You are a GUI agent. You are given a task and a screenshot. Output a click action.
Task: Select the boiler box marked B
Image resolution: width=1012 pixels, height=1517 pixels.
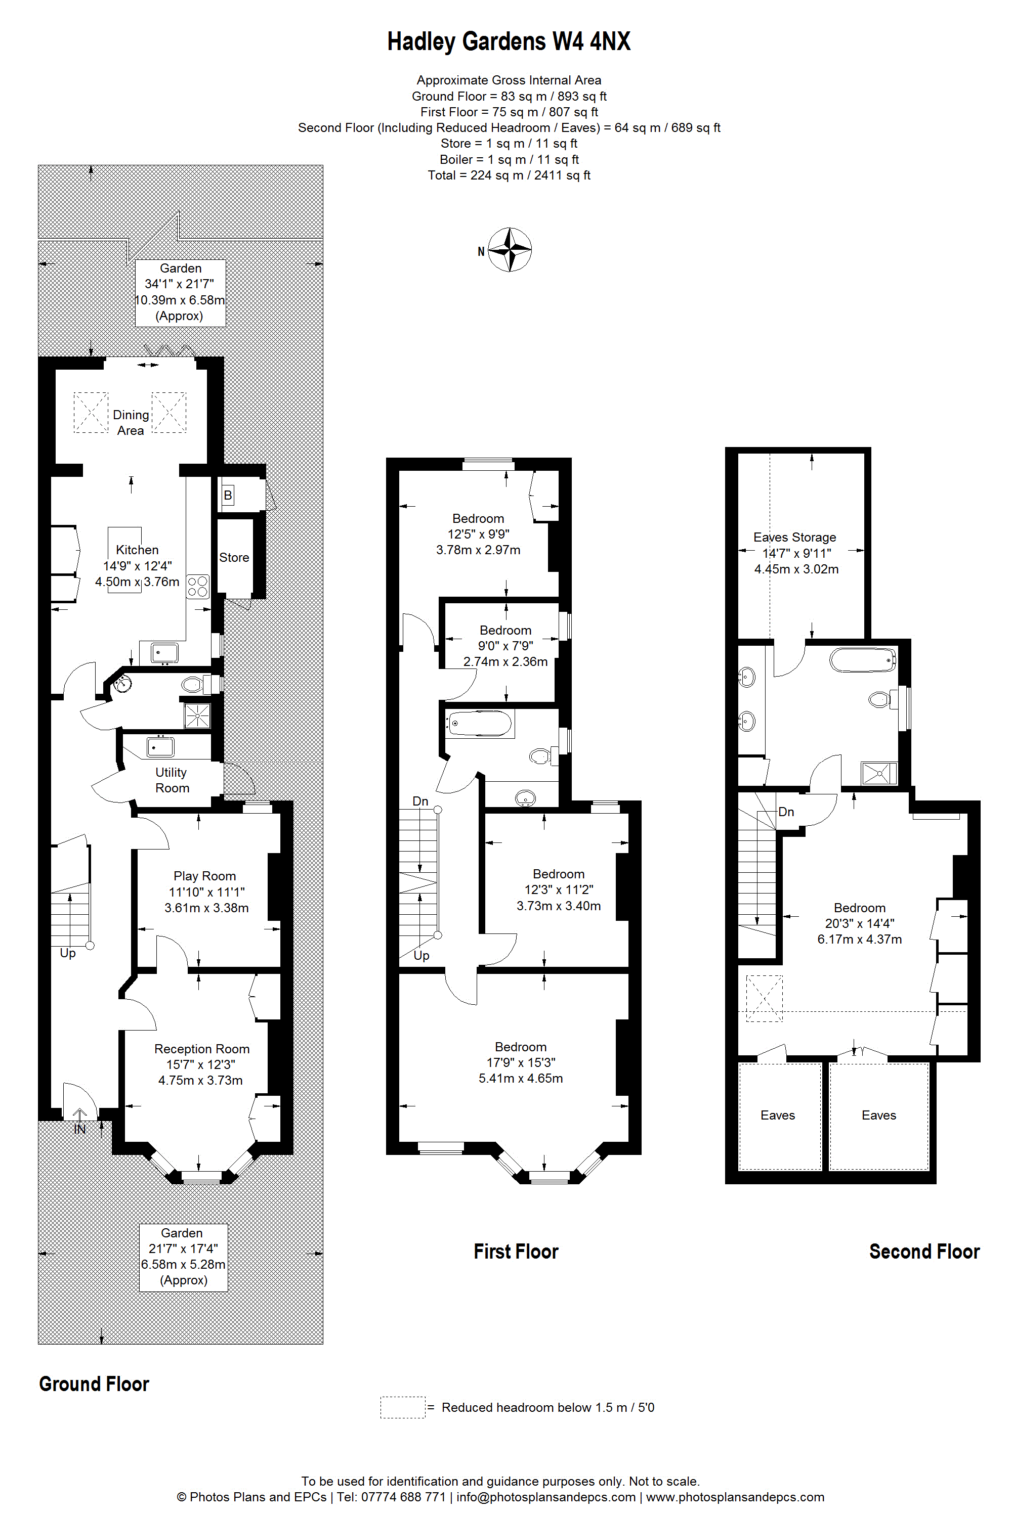tap(228, 496)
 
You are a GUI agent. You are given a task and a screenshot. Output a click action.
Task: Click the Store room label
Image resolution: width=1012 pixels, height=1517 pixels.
tap(234, 557)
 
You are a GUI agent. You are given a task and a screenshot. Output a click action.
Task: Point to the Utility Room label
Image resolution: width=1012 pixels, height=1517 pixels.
tap(172, 780)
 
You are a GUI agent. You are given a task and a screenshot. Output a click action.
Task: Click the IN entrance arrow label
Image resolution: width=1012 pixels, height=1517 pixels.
tap(79, 1129)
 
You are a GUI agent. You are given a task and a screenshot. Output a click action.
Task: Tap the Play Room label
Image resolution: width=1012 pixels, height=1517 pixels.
tap(204, 876)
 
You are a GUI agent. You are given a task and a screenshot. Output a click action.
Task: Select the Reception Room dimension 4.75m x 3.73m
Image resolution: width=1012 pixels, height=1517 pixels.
tap(201, 1080)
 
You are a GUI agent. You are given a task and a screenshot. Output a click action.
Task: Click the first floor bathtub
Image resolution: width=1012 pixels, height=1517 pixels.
tap(480, 724)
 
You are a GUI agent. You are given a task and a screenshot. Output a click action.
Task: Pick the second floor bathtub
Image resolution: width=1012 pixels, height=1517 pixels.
tap(864, 660)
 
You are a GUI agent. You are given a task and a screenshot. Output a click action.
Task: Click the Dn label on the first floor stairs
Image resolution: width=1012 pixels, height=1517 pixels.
tap(420, 801)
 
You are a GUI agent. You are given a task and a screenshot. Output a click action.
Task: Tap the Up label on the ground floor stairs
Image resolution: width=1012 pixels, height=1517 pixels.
tap(68, 953)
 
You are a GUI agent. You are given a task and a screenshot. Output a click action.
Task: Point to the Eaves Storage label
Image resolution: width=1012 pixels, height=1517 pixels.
tap(794, 537)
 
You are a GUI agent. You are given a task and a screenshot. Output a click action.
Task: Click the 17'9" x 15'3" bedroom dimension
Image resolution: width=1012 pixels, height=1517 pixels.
tap(521, 1062)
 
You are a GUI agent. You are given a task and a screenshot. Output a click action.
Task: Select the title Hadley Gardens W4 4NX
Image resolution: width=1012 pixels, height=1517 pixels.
tap(509, 41)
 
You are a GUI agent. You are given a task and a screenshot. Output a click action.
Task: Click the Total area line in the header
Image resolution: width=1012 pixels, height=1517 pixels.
tap(509, 175)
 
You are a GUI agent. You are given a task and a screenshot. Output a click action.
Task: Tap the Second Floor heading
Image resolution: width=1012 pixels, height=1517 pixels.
tap(924, 1251)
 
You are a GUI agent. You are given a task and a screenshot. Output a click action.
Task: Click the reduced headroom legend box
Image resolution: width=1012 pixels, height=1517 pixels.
tap(403, 1407)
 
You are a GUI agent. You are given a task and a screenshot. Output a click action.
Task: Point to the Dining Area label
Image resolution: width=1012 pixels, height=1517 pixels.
tap(131, 422)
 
